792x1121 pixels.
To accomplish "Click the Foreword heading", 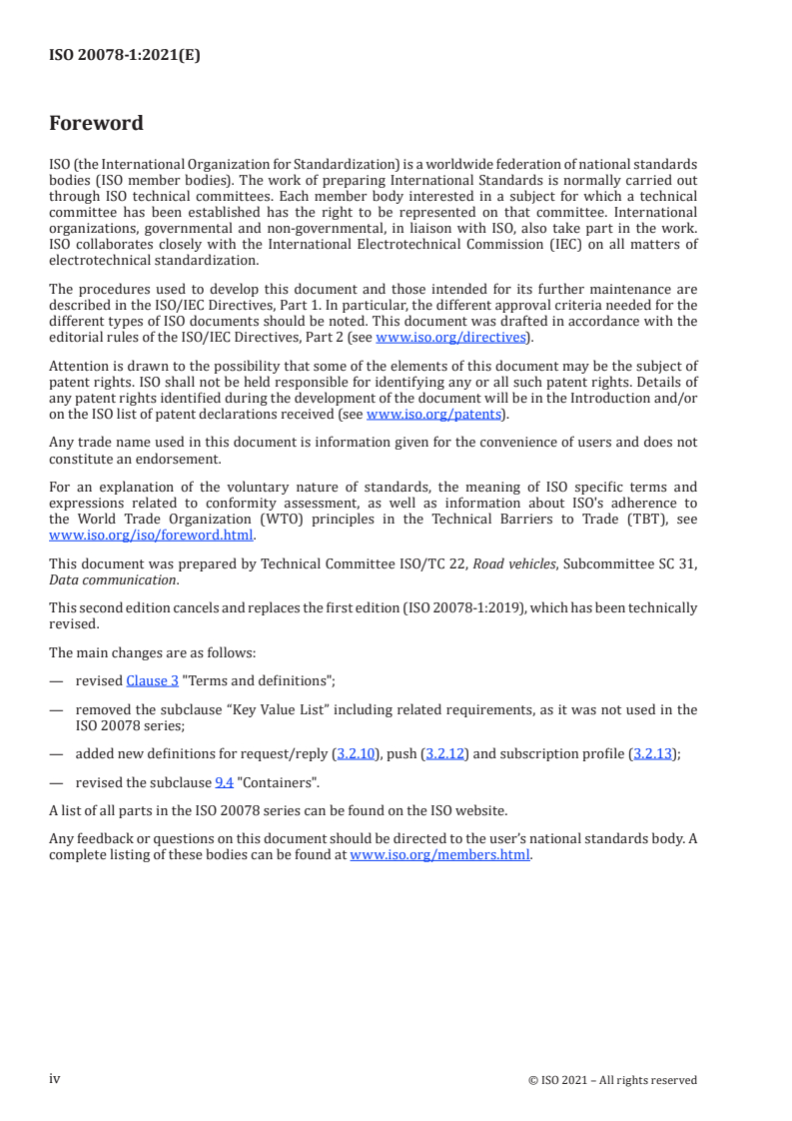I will pyautogui.click(x=96, y=124).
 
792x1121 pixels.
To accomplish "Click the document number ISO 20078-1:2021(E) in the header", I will pyautogui.click(x=125, y=56).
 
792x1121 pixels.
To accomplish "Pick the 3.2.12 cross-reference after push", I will pyautogui.click(x=445, y=754).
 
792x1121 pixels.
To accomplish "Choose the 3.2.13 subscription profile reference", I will pyautogui.click(x=654, y=754).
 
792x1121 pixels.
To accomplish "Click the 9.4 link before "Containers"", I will pyautogui.click(x=225, y=781).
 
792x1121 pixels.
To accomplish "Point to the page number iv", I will pyautogui.click(x=55, y=1078).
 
